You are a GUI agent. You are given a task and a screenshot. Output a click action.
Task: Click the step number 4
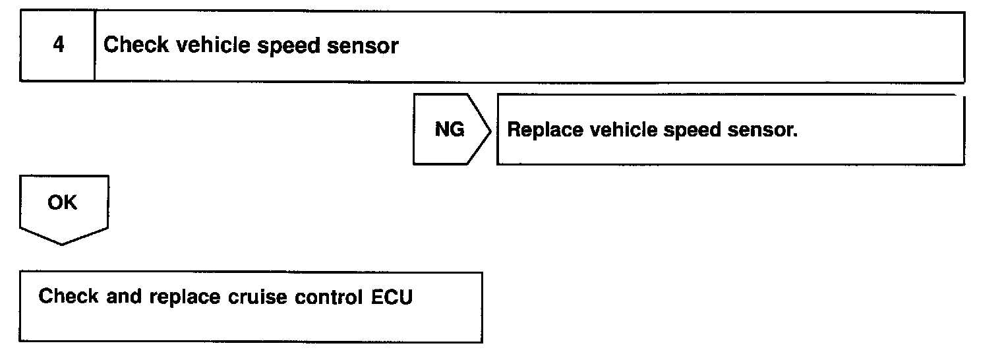pos(58,45)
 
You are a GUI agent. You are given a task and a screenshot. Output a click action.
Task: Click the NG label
pos(449,130)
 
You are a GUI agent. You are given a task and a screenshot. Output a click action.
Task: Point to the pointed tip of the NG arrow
pos(490,129)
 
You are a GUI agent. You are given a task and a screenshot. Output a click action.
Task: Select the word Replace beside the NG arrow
pos(545,131)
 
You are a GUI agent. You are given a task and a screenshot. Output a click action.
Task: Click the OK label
pos(62,203)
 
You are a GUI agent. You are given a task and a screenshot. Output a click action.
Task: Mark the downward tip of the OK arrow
pos(63,244)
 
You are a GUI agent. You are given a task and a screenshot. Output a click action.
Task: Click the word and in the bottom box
pos(124,296)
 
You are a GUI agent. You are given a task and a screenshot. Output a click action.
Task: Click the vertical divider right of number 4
pos(95,46)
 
